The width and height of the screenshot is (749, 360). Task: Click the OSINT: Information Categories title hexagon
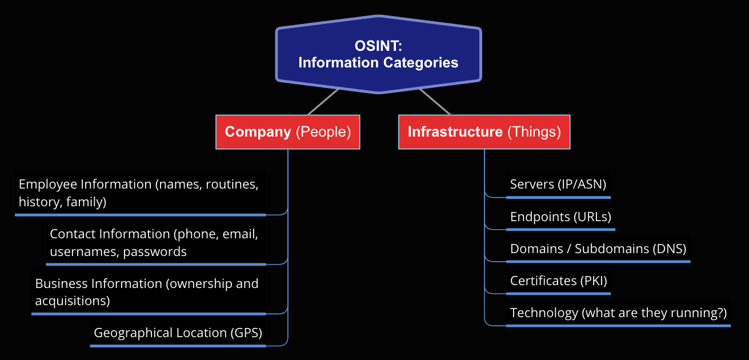[378, 54]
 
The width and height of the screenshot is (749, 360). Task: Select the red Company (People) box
[287, 132]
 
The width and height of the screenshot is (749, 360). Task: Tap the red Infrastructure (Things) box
[484, 132]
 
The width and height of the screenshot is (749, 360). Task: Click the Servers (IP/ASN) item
[558, 185]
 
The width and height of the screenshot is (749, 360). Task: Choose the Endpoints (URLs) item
[560, 217]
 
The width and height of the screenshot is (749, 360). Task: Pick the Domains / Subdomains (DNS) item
[598, 249]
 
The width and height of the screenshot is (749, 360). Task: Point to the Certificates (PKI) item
[558, 281]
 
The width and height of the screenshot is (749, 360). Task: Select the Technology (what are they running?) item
[618, 313]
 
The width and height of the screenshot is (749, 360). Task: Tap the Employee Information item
[139, 193]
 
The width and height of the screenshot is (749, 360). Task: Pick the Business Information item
[147, 291]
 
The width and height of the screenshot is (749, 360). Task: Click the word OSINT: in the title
[378, 46]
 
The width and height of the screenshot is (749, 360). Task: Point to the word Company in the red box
[258, 132]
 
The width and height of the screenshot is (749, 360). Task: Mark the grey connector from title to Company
[323, 102]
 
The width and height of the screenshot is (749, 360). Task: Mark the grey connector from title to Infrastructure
[435, 102]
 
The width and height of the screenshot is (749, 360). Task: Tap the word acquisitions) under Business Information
[73, 301]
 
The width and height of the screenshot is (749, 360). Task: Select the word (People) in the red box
[323, 132]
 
